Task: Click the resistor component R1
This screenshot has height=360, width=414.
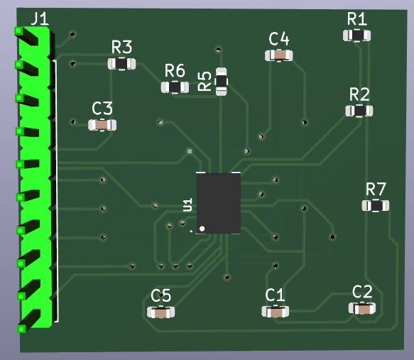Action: [x=356, y=36]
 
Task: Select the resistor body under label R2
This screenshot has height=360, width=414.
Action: [x=359, y=111]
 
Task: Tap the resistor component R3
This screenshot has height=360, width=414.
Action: [x=121, y=64]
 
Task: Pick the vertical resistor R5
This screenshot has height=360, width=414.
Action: [x=222, y=81]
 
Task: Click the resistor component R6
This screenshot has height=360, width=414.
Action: [x=175, y=87]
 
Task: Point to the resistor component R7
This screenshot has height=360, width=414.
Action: [x=376, y=206]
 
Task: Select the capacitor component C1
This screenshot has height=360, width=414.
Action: [x=275, y=312]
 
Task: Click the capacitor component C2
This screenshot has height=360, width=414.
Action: [x=362, y=308]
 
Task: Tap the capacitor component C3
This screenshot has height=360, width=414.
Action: [x=102, y=125]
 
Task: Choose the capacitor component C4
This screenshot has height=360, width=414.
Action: [x=279, y=55]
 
